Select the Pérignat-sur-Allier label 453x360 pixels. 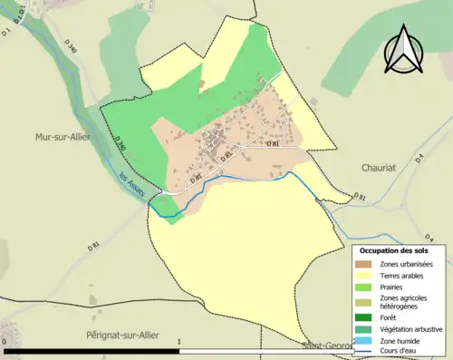[x=115, y=336]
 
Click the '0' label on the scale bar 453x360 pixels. [x=7, y=343]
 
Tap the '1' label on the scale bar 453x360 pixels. [x=179, y=343]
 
